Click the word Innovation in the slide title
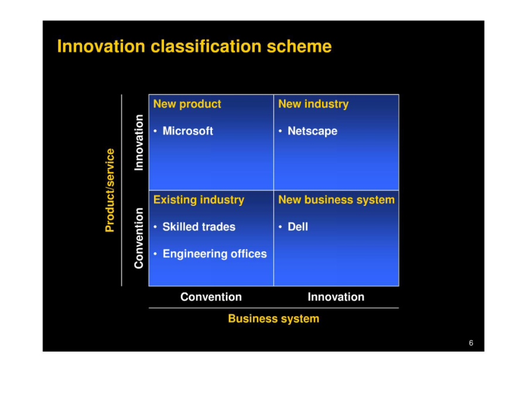point(101,46)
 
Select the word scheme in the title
point(299,46)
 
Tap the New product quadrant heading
point(187,104)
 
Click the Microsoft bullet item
point(187,130)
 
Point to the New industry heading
point(313,104)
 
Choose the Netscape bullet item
point(312,131)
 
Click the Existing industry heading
point(199,200)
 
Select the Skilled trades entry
point(199,226)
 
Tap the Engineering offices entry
point(215,254)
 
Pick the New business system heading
point(337,200)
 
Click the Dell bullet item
point(298,226)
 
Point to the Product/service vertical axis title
point(110,190)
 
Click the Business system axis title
point(273,318)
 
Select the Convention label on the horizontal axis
point(211,297)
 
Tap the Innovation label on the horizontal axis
point(336,297)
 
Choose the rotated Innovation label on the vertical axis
point(139,142)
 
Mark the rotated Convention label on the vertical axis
point(139,238)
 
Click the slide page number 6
point(471,343)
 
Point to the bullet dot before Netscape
point(280,131)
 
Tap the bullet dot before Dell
point(280,227)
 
